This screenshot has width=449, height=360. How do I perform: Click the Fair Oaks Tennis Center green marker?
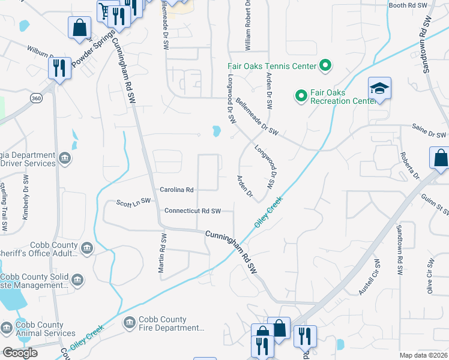[325, 65]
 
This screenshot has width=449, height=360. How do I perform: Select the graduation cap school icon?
[379, 89]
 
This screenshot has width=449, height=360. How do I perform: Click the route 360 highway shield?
[37, 98]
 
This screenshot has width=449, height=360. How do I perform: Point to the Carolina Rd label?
[176, 190]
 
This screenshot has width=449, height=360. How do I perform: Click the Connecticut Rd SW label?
[193, 211]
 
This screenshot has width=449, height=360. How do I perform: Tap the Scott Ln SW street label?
[133, 203]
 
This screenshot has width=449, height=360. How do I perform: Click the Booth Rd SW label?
[408, 5]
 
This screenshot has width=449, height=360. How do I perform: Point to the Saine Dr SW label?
[429, 134]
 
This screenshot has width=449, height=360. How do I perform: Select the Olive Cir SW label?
[430, 275]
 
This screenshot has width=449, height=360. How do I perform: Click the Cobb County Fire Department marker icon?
[129, 324]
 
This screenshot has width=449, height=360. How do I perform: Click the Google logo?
[20, 352]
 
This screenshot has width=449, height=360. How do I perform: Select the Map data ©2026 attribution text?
[423, 355]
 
